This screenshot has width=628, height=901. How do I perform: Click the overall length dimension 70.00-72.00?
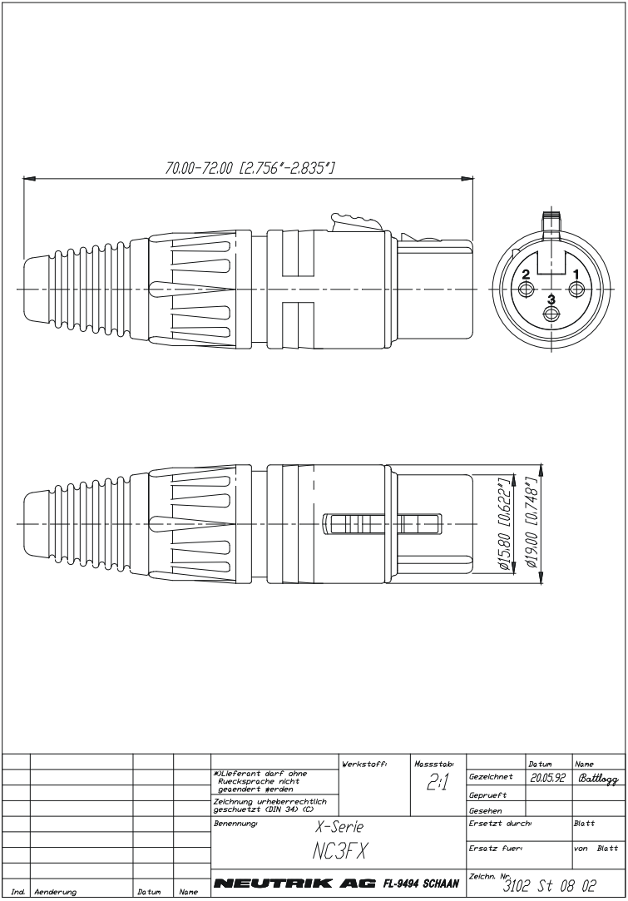point(249,167)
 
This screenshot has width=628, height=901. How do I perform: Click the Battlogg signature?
point(596,777)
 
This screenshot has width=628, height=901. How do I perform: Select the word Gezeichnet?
point(490,778)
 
